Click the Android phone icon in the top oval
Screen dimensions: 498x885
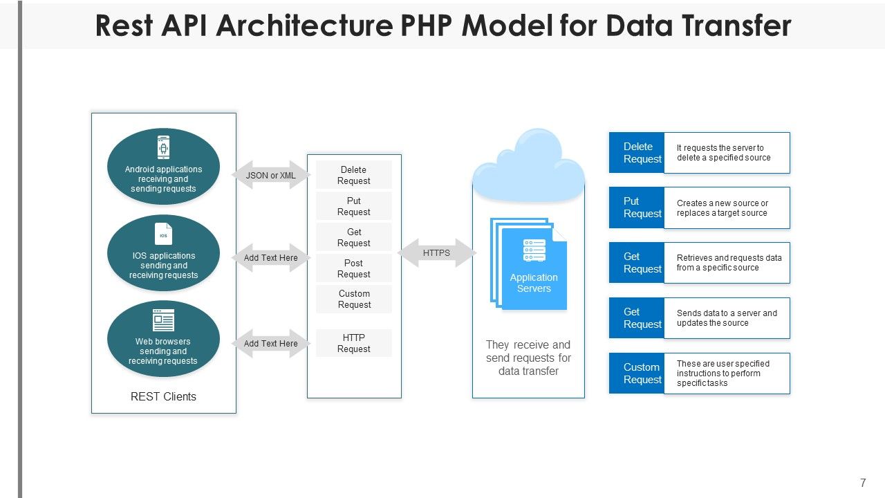163,147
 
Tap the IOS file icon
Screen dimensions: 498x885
163,234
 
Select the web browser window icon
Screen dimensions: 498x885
163,320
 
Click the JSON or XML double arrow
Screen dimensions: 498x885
271,176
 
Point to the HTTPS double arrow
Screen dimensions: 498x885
436,253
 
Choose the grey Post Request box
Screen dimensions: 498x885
354,268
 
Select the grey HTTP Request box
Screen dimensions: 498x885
354,343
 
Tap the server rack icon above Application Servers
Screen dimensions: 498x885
534,250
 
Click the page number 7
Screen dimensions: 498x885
863,483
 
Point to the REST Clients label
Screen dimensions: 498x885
163,396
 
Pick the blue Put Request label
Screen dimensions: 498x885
637,207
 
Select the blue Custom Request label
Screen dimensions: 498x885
637,373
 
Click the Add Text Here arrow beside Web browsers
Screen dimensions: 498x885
271,344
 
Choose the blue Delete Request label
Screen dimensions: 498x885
637,152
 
